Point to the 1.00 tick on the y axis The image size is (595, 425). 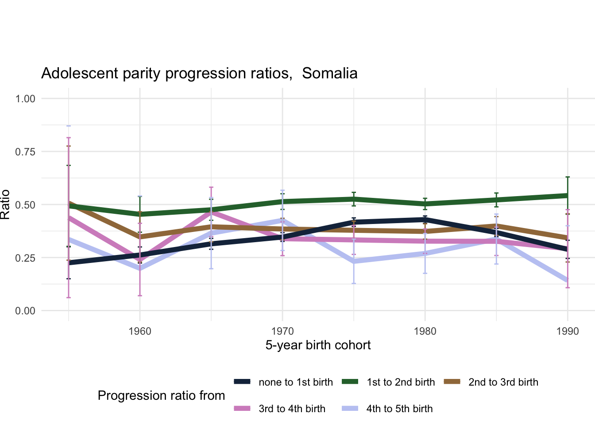25,99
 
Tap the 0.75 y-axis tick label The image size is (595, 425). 25,152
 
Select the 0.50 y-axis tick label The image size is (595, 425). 25,205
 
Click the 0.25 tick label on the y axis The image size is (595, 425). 25,258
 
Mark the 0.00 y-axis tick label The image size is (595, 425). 25,311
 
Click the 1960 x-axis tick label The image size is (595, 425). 140,331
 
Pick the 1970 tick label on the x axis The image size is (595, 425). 282,331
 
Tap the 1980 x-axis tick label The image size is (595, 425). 425,331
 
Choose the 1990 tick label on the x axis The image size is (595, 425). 568,331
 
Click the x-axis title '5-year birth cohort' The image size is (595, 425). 318,345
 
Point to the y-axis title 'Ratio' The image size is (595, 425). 5,205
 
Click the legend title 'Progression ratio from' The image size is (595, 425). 161,396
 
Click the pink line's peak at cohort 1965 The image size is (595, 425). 212,211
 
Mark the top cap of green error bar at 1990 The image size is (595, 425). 568,177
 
